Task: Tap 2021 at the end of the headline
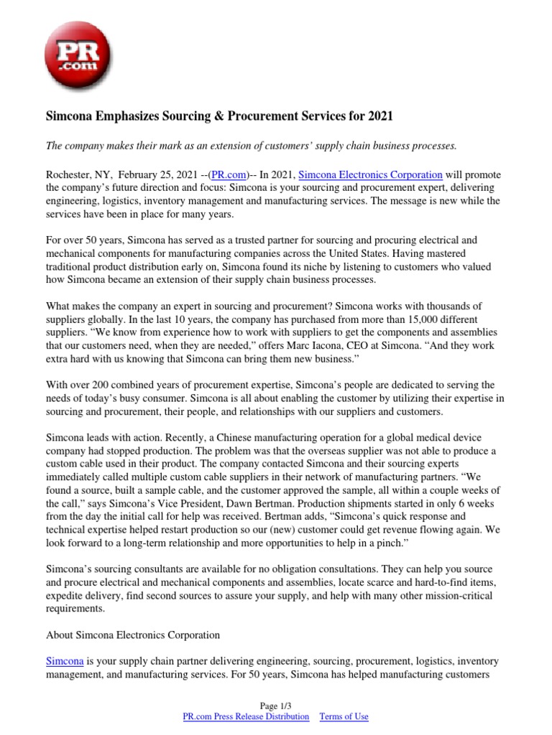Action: pos(380,115)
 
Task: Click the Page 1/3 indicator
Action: pos(276,706)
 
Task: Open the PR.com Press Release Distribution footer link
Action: pos(247,716)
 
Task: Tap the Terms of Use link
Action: pos(344,716)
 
